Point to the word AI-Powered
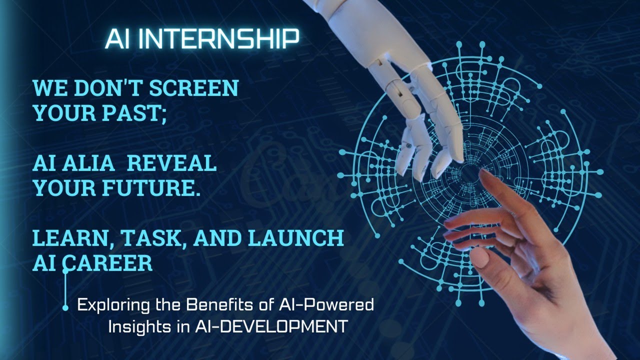[330, 304]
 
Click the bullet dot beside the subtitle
[65, 308]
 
